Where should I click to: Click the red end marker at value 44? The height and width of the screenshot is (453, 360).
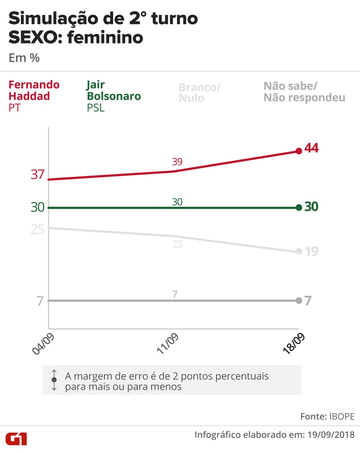point(299,151)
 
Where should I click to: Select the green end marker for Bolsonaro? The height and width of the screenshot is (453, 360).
point(299,207)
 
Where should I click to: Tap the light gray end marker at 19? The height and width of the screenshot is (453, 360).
point(299,251)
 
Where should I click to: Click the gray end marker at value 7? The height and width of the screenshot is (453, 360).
point(299,301)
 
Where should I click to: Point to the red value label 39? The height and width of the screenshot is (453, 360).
point(177,162)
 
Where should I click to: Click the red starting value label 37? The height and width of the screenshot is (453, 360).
point(38,174)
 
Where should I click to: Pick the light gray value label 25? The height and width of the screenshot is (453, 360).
point(38,229)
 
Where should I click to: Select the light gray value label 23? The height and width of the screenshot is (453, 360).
point(177,244)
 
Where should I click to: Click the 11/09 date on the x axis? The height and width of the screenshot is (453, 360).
point(168,344)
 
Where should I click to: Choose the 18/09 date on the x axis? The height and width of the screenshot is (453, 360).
point(294,344)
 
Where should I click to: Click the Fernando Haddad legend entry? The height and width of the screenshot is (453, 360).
point(34,96)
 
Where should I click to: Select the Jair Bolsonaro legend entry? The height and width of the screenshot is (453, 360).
point(113,96)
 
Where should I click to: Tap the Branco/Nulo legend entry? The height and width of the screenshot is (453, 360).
point(199,93)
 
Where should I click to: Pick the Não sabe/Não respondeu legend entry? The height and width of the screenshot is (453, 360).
point(304,92)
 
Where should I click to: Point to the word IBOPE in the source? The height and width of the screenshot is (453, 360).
point(342,416)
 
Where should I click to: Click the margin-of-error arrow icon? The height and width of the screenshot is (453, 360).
point(54,380)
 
